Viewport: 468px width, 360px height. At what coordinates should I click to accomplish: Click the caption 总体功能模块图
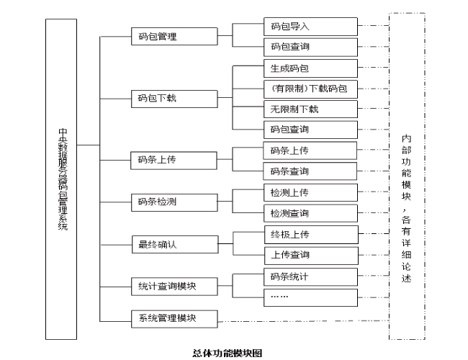(227, 353)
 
